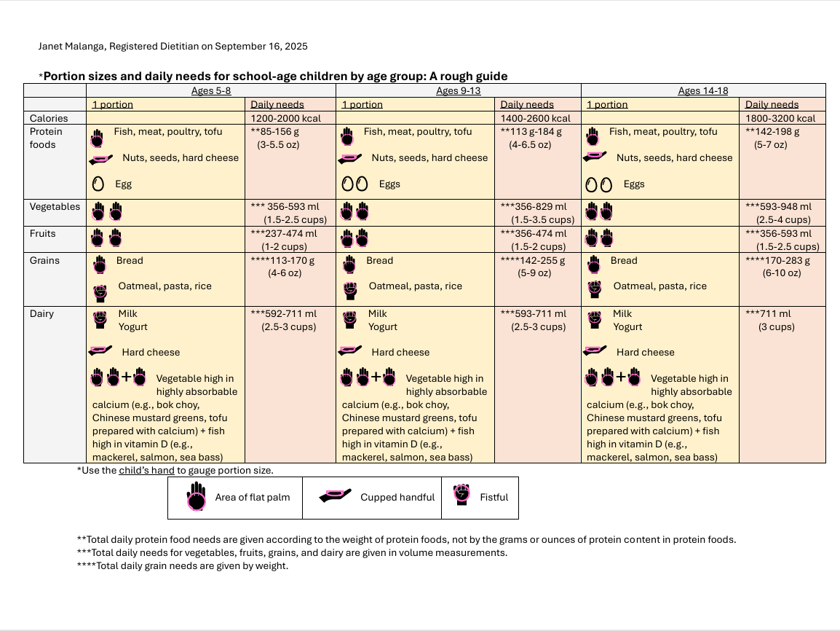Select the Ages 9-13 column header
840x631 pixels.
458,91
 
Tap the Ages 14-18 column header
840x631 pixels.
702,91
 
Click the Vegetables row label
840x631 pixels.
55,207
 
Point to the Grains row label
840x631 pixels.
44,261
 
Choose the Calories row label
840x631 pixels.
49,118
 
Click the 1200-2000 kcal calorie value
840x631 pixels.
285,118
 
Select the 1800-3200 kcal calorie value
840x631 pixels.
780,118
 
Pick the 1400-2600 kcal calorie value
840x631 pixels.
536,118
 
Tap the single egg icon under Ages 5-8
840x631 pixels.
98,184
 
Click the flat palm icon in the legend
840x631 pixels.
196,497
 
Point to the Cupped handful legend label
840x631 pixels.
397,498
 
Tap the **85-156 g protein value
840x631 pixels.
276,132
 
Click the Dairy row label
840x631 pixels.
42,314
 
